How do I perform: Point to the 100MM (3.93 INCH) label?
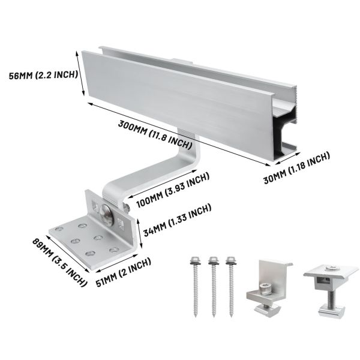point(173,190)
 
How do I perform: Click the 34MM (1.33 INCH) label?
point(176,220)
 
